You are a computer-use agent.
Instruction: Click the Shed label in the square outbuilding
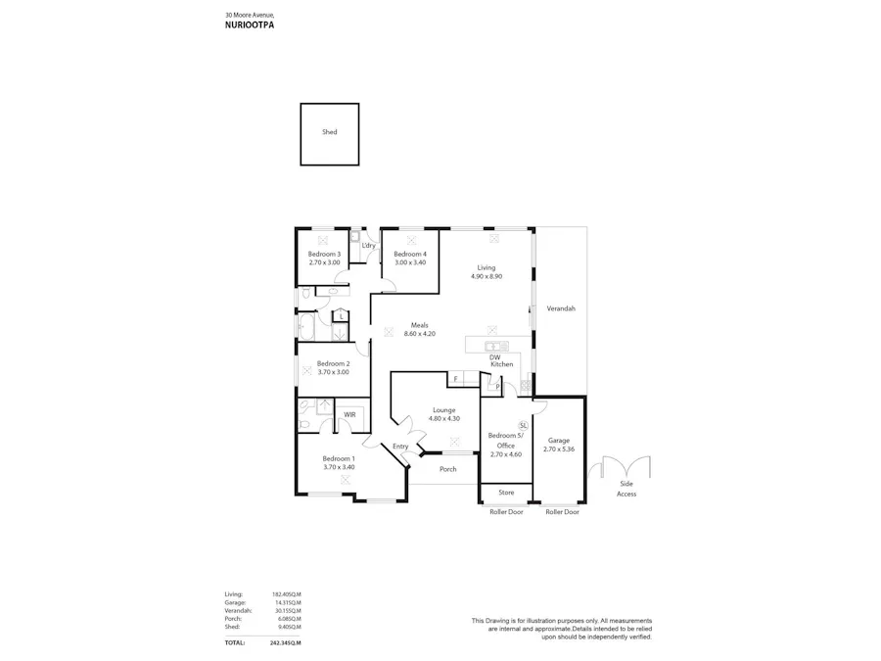[329, 132]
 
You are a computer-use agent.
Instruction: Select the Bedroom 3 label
[324, 255]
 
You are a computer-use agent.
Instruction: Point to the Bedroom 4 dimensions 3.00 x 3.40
[410, 262]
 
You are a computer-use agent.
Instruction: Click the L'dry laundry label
[368, 245]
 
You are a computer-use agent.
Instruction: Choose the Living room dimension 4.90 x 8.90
[487, 276]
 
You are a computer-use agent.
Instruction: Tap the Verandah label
[561, 308]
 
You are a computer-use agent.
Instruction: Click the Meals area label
[419, 325]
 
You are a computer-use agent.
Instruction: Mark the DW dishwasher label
[495, 357]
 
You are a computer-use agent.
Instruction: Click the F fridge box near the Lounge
[455, 378]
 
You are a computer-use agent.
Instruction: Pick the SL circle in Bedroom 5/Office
[523, 425]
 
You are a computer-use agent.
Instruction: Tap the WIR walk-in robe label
[349, 414]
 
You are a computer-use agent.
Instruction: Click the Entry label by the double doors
[400, 447]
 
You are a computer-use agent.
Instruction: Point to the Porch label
[447, 469]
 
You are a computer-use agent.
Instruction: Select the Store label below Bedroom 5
[506, 493]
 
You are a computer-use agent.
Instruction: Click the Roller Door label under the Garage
[562, 512]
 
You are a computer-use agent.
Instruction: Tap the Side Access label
[626, 489]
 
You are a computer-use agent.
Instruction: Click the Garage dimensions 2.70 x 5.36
[559, 449]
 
